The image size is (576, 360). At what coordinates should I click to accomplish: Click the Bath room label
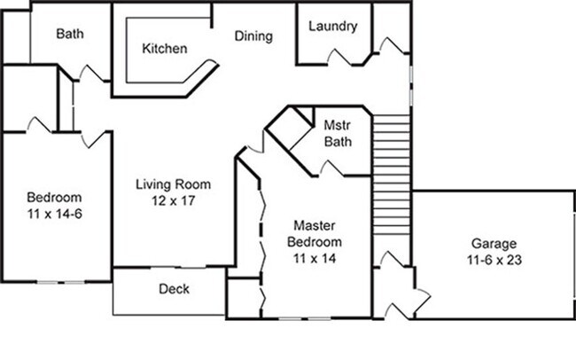pyautogui.click(x=70, y=34)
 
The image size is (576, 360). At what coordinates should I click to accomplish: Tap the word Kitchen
pyautogui.click(x=165, y=49)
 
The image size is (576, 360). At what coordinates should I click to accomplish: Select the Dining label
pyautogui.click(x=253, y=36)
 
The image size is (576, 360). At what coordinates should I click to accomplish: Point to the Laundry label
pyautogui.click(x=332, y=26)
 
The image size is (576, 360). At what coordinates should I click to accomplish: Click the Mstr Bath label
pyautogui.click(x=338, y=133)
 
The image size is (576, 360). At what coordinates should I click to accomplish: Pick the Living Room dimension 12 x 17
pyautogui.click(x=173, y=200)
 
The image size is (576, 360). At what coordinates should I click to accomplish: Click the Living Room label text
pyautogui.click(x=173, y=184)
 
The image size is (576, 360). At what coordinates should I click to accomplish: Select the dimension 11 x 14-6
pyautogui.click(x=54, y=213)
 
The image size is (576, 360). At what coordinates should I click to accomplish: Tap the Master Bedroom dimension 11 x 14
pyautogui.click(x=317, y=258)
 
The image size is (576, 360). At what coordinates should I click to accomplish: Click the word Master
pyautogui.click(x=317, y=226)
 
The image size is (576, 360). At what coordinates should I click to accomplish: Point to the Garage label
pyautogui.click(x=494, y=243)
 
